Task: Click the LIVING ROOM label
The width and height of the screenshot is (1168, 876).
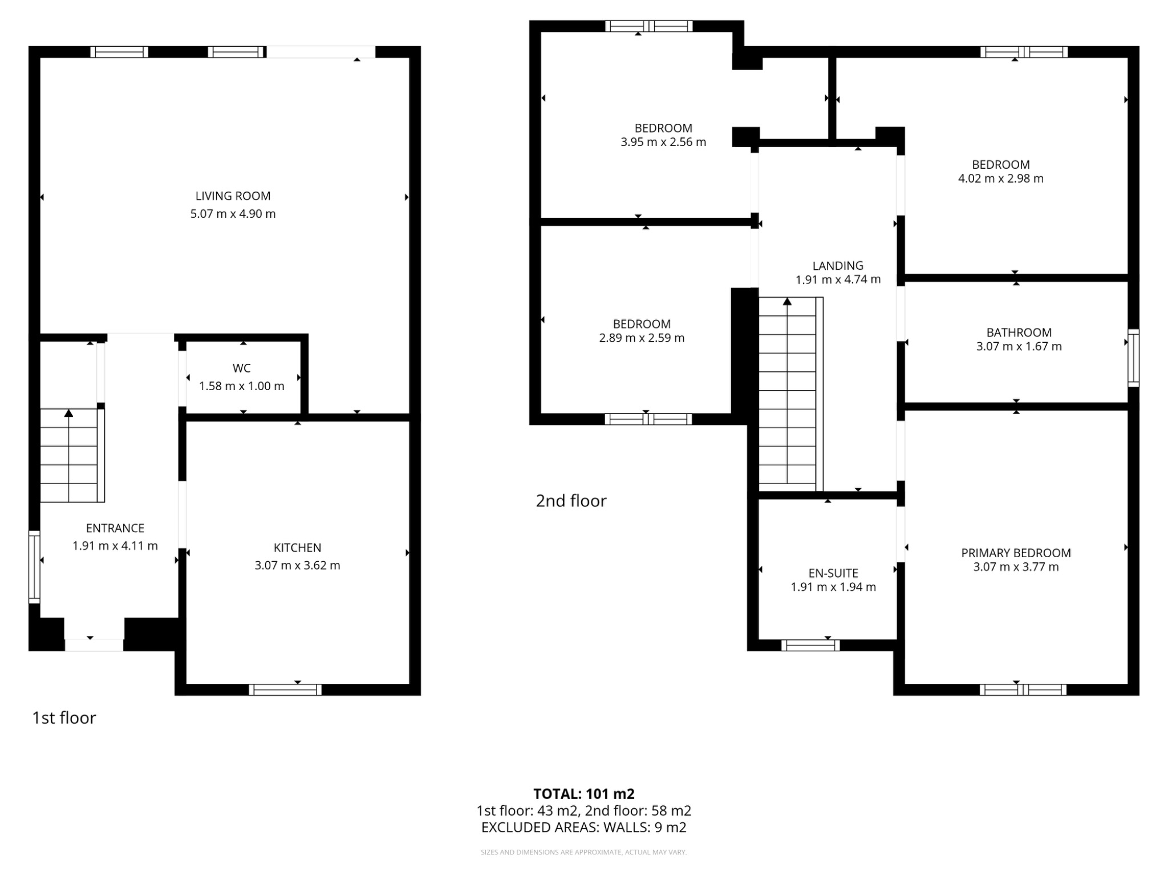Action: pyautogui.click(x=233, y=196)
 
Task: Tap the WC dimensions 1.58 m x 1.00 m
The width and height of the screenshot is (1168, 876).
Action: pyautogui.click(x=241, y=386)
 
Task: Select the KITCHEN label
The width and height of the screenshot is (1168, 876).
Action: pyautogui.click(x=297, y=547)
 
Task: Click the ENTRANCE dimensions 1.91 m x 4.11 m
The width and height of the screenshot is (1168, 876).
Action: pyautogui.click(x=115, y=546)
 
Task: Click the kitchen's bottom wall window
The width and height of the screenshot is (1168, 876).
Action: pyautogui.click(x=285, y=690)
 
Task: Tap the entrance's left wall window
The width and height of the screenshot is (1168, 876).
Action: pyautogui.click(x=34, y=566)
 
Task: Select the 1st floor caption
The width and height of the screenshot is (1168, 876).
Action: pyautogui.click(x=64, y=717)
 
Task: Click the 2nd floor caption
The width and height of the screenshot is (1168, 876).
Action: pyautogui.click(x=571, y=501)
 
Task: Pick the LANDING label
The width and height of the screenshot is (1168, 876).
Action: pyautogui.click(x=837, y=266)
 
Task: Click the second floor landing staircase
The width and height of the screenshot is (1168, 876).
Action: pyautogui.click(x=790, y=394)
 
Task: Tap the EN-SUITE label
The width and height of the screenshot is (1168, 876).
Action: pyautogui.click(x=833, y=573)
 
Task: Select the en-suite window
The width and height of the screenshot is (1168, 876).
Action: pyautogui.click(x=810, y=645)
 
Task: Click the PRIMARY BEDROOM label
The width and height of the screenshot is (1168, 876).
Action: pyautogui.click(x=1016, y=553)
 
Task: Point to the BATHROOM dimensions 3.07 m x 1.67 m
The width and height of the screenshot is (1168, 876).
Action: pyautogui.click(x=1019, y=346)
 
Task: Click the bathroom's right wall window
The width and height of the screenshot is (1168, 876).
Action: pyautogui.click(x=1134, y=358)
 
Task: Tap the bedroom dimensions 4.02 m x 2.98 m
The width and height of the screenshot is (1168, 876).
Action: pyautogui.click(x=1000, y=179)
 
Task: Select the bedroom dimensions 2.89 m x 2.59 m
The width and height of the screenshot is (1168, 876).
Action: pyautogui.click(x=641, y=338)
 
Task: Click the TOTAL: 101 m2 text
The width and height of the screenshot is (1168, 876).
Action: pyautogui.click(x=583, y=794)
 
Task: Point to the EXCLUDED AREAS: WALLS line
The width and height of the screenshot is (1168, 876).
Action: pyautogui.click(x=583, y=828)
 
